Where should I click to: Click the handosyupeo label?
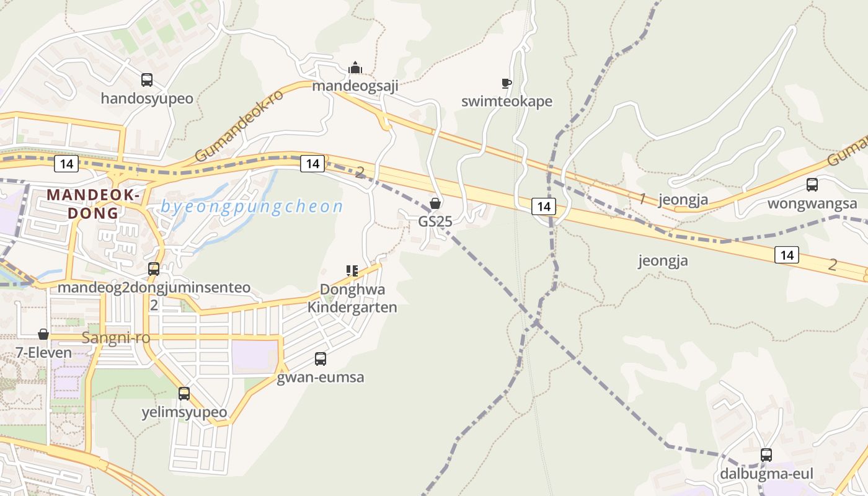147,99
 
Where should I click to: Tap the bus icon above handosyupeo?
147,79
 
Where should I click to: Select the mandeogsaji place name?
355,86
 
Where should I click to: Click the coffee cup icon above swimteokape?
507,82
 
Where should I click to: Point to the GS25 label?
435,221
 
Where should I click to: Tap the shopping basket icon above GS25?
435,203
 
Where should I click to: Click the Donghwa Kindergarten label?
352,298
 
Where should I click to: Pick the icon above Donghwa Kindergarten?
352,270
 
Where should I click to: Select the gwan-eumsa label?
320,377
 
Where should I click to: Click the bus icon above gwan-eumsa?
321,358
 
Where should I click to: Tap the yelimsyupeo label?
184,412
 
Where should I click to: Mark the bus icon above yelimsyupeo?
184,393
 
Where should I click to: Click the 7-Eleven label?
43,353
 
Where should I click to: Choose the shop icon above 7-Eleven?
43,334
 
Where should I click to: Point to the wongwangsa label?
812,203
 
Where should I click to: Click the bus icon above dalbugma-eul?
766,454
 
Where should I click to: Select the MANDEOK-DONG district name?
92,204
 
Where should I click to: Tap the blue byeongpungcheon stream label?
252,206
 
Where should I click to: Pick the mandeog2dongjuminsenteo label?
154,288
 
